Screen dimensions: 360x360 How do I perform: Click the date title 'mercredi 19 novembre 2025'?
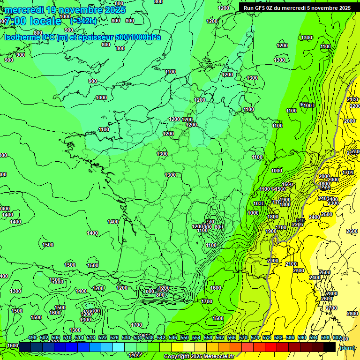click(x=65, y=9)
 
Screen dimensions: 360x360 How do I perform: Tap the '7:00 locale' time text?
click(x=32, y=21)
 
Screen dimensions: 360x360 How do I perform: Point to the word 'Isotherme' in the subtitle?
click(x=22, y=37)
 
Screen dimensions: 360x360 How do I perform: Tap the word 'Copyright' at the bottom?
click(x=176, y=357)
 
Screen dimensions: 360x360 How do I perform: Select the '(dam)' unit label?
click(x=347, y=347)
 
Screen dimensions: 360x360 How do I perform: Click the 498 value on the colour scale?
click(x=32, y=338)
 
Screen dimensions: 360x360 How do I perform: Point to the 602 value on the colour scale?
click(x=337, y=338)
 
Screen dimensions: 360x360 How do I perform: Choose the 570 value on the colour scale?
click(x=243, y=338)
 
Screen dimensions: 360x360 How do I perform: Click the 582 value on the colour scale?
click(x=278, y=338)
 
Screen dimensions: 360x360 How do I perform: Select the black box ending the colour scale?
click(x=330, y=347)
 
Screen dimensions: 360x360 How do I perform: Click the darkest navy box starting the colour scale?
click(x=25, y=347)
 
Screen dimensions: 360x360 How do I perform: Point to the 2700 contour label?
click(x=331, y=308)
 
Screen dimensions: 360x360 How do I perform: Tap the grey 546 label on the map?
click(x=300, y=220)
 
